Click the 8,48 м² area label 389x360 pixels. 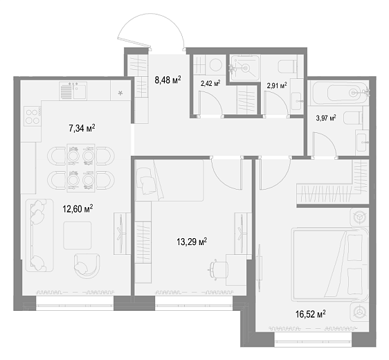(168, 80)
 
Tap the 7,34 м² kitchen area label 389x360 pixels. (82, 129)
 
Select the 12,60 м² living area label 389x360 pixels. (78, 208)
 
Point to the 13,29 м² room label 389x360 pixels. (192, 242)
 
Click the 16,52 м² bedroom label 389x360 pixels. (310, 314)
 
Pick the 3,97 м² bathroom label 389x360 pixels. (326, 118)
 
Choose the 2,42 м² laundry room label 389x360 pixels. (210, 83)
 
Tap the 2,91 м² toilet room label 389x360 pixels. (277, 86)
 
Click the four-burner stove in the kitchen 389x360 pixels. (33, 117)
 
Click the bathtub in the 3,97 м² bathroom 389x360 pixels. (338, 93)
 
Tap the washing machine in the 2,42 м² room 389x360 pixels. (215, 65)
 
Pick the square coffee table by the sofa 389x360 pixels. (77, 235)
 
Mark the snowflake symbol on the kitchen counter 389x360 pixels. (120, 93)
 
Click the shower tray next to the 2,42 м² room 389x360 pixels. (245, 68)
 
